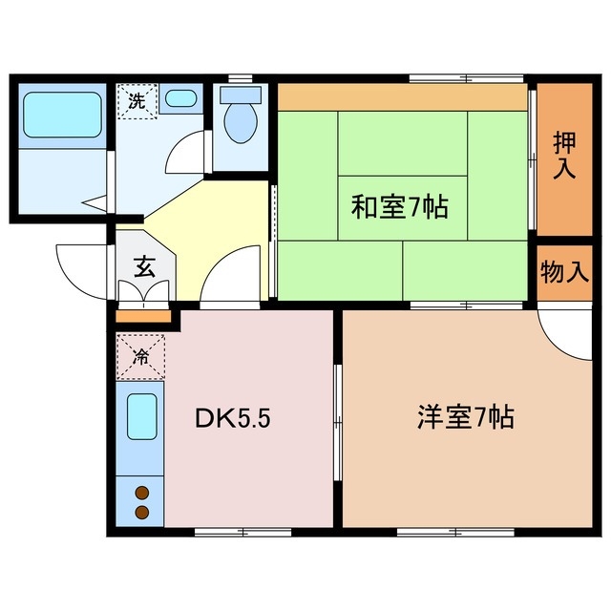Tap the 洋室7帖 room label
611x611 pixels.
coord(465,417)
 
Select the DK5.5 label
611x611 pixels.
coord(239,418)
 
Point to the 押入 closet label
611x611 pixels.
coord(565,155)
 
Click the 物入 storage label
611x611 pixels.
coord(564,272)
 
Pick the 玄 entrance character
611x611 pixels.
coord(143,266)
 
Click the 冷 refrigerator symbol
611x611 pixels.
coord(140,358)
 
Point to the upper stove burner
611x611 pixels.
coord(142,494)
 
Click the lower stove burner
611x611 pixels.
coord(142,513)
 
